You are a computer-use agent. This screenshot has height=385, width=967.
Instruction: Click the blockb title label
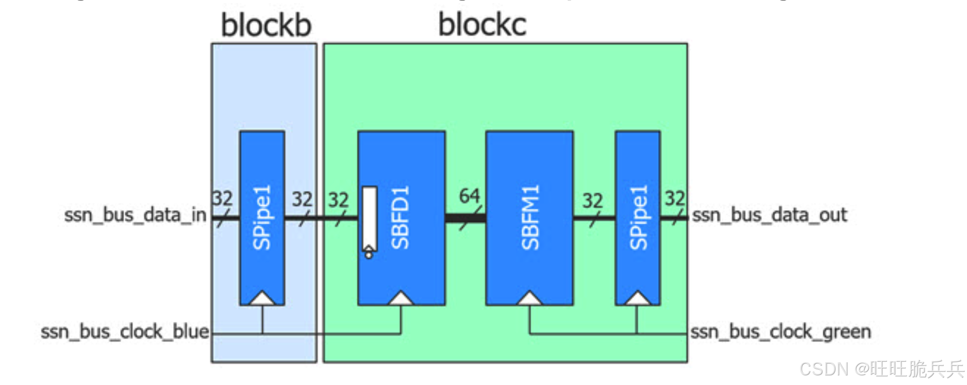point(266,25)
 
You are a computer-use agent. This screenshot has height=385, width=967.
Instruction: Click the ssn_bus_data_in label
point(135,215)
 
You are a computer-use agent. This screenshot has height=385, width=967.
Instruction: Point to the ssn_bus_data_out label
point(769,215)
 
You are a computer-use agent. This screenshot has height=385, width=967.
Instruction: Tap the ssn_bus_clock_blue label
point(125,332)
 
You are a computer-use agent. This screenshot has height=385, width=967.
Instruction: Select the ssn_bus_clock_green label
point(781,332)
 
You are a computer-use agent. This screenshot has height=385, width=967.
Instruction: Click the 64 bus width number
point(469,196)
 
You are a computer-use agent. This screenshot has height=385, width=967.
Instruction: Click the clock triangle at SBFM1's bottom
point(529,299)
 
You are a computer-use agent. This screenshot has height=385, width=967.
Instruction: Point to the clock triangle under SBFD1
point(401,299)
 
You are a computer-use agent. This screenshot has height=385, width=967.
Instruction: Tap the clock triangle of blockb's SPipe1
point(262,299)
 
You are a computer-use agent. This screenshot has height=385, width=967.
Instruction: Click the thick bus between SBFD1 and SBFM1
point(465,218)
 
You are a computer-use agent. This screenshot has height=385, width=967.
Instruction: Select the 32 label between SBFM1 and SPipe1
point(593,201)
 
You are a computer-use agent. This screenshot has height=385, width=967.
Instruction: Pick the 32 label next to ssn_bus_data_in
point(222,198)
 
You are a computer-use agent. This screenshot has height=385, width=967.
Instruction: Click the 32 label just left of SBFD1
point(338,200)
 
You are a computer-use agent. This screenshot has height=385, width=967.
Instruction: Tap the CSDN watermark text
point(882,369)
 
